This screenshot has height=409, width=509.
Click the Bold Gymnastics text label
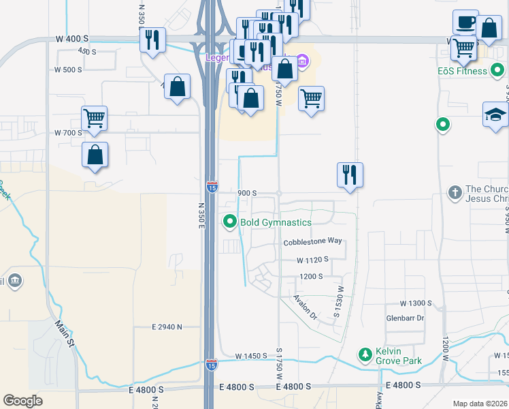coord(275,222)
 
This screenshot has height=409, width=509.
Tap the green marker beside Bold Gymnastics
coord(230,222)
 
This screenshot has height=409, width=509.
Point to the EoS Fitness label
coord(463,71)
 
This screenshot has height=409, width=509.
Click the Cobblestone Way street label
coord(312,242)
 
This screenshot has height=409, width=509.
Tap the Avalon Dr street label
coord(305,307)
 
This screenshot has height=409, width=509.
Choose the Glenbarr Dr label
coord(405,318)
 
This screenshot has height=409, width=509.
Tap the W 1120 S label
coord(312,260)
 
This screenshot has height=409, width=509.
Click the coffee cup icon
coord(465,22)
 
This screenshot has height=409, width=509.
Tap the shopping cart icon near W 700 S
coord(94,117)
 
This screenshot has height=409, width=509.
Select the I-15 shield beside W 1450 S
coord(212,365)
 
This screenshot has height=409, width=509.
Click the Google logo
coord(22,401)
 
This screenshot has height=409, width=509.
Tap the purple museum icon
coord(302,63)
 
